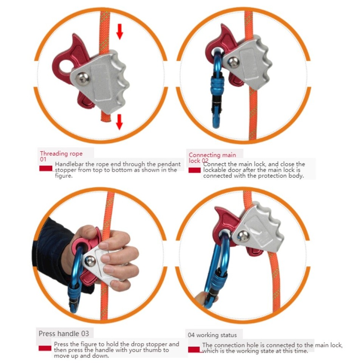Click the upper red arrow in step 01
(x=119, y=32)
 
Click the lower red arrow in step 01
(x=119, y=122)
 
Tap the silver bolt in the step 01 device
(x=83, y=78)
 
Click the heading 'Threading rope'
(x=61, y=154)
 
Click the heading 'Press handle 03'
(x=64, y=334)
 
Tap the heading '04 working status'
(x=212, y=335)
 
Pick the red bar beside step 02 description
(x=195, y=171)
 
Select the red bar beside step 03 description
(x=45, y=348)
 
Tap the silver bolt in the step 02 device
(x=234, y=62)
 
